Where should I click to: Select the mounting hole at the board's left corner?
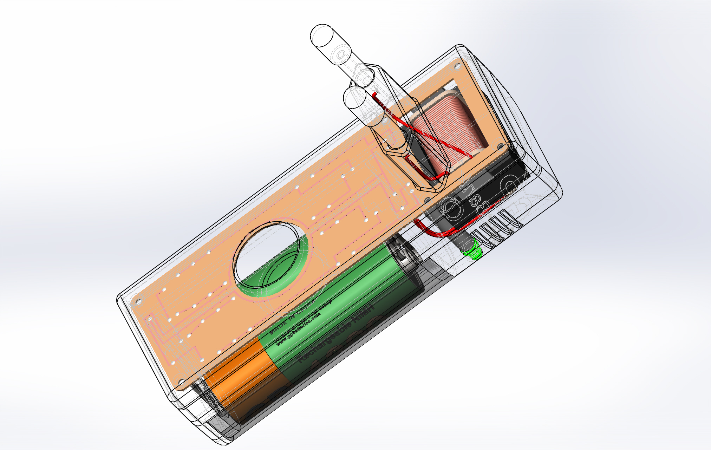click(x=138, y=301)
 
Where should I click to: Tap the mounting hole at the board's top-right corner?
click(x=457, y=65)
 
